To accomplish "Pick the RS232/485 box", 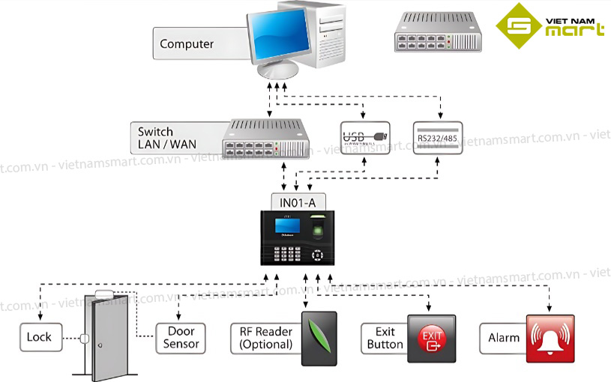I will [x=438, y=138].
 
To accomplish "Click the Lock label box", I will [x=40, y=337].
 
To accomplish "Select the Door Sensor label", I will [x=181, y=338].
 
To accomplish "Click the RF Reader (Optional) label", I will [x=265, y=338].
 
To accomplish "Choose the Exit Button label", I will [x=384, y=338].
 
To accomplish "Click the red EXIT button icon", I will [x=431, y=338].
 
